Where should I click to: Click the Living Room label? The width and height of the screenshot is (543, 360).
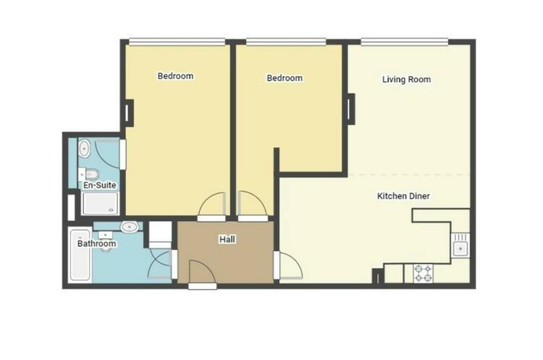click(407, 80)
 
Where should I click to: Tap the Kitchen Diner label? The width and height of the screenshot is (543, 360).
click(403, 196)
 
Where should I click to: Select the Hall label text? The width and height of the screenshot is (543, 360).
click(227, 239)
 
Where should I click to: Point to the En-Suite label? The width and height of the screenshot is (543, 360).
click(100, 185)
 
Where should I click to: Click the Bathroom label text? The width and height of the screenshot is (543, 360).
click(96, 243)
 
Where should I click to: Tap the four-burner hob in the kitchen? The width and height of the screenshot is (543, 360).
click(424, 273)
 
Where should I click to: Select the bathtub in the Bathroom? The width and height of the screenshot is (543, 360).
click(80, 255)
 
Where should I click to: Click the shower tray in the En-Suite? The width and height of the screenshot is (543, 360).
click(100, 204)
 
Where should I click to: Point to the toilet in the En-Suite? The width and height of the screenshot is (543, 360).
click(89, 173)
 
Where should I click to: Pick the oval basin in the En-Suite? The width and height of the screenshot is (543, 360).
click(84, 148)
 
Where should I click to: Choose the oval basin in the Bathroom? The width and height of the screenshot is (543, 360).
click(130, 227)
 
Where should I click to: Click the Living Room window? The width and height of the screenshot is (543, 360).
click(404, 42)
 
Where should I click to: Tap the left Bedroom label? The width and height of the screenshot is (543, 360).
click(176, 76)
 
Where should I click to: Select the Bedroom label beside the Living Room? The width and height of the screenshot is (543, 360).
click(285, 78)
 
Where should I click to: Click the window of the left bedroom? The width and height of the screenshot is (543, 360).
click(177, 42)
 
